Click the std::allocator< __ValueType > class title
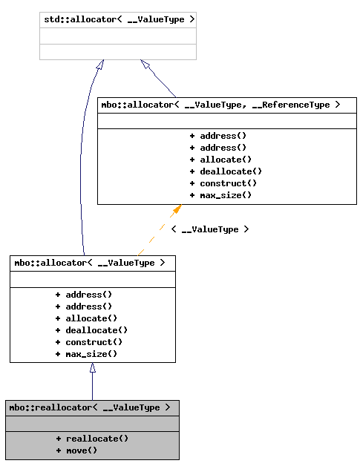click(118, 19)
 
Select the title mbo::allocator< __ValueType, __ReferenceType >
click(220, 105)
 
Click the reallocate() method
click(92, 439)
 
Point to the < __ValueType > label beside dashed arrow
click(210, 229)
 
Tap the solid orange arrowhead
click(177, 209)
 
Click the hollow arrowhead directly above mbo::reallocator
click(92, 367)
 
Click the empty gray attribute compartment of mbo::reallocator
click(92, 423)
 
